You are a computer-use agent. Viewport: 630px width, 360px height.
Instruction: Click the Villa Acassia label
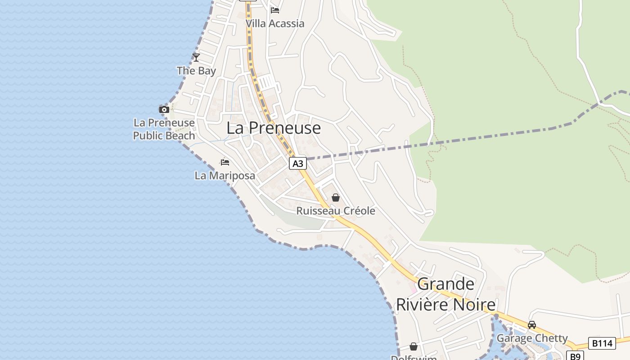[x=274, y=23]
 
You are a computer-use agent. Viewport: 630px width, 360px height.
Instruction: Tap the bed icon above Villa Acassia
[x=274, y=10]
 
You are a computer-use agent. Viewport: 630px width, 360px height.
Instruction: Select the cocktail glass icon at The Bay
[x=196, y=57]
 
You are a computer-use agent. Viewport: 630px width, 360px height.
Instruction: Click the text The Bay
[x=196, y=71]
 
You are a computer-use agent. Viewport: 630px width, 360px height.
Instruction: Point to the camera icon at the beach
[x=164, y=109]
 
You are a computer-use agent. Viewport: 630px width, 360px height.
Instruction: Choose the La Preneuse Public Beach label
[x=164, y=129]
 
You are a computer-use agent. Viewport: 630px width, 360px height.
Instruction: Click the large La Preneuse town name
[x=274, y=128]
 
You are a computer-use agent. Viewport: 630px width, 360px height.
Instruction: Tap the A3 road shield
[x=297, y=163]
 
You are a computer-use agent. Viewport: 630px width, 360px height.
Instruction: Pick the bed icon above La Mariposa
[x=225, y=162]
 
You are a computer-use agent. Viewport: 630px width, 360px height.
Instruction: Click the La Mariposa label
[x=225, y=175]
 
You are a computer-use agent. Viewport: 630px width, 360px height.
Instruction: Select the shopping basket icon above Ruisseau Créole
[x=335, y=197]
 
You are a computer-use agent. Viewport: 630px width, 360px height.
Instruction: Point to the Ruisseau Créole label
[x=335, y=211]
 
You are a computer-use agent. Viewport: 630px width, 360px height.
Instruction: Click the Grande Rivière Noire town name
[x=445, y=294]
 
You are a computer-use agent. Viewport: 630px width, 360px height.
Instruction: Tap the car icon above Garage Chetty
[x=532, y=324]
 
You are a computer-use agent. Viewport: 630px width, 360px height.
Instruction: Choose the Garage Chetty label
[x=532, y=338]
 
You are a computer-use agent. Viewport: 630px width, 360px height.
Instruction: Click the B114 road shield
[x=602, y=343]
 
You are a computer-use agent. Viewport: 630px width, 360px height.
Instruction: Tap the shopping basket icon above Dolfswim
[x=413, y=346]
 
